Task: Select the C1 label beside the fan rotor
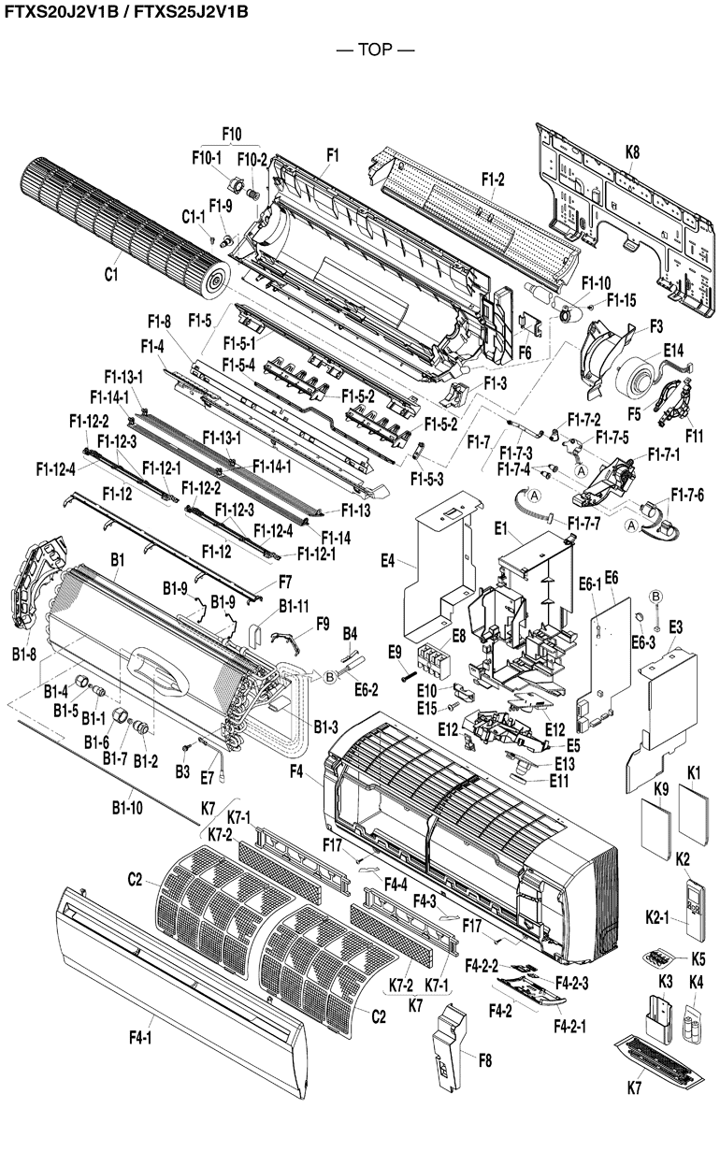pyautogui.click(x=111, y=275)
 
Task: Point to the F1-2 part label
pyautogui.click(x=493, y=179)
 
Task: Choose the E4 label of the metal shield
pyautogui.click(x=389, y=562)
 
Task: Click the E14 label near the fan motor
pyautogui.click(x=673, y=350)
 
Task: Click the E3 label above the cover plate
pyautogui.click(x=675, y=626)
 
